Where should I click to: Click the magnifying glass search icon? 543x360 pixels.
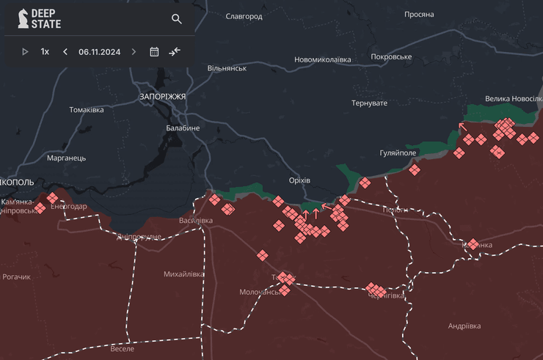click(x=177, y=19)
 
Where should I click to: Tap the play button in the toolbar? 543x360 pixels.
click(x=25, y=51)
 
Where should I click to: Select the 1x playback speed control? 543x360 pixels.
click(x=45, y=51)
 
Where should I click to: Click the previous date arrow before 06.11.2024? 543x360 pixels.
click(x=65, y=51)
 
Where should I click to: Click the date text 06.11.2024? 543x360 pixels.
click(x=99, y=51)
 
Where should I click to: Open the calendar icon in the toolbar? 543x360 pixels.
click(x=154, y=51)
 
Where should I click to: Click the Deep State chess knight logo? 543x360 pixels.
click(x=24, y=18)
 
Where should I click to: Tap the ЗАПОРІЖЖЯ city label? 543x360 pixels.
click(x=162, y=96)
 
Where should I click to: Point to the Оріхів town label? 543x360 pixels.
click(x=299, y=180)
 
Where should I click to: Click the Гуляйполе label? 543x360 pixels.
click(x=398, y=153)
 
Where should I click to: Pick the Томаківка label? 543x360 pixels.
click(x=87, y=110)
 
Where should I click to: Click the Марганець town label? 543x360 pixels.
click(x=66, y=158)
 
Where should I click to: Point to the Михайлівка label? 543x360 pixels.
click(x=184, y=273)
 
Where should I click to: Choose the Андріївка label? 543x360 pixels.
click(x=464, y=326)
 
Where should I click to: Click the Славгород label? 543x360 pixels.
click(x=244, y=15)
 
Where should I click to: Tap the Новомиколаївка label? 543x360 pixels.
click(x=322, y=59)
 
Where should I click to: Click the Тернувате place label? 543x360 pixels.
click(x=369, y=103)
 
